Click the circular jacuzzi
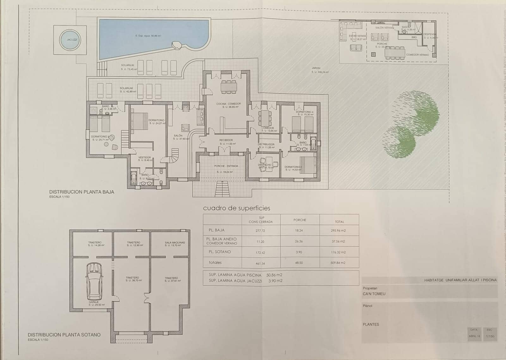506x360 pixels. tap(70, 40)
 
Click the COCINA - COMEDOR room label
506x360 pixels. tap(228, 104)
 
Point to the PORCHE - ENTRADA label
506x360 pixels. tap(226, 166)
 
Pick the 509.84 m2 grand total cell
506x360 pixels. tap(338, 263)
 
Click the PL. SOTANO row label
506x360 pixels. tap(218, 252)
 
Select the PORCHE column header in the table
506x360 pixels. tap(299, 220)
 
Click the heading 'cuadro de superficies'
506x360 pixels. tap(237, 208)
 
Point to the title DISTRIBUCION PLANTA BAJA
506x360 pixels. tap(82, 192)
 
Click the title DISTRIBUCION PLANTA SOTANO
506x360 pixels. tap(64, 335)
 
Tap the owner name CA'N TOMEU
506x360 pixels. tap(374, 294)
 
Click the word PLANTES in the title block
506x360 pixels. tap(371, 325)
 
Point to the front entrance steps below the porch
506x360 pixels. tap(222, 189)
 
